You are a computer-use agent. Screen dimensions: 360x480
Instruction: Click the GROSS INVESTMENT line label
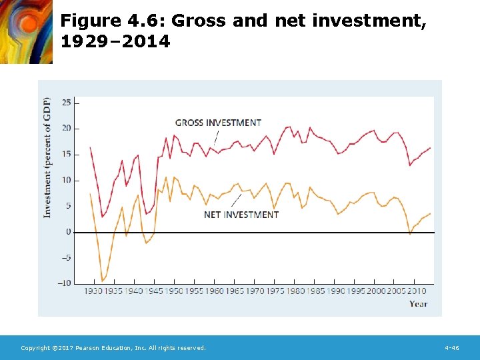[218, 123]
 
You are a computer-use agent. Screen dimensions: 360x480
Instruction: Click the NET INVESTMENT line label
[241, 215]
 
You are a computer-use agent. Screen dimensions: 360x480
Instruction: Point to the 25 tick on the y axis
[67, 103]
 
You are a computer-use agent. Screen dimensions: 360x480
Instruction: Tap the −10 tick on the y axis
[65, 283]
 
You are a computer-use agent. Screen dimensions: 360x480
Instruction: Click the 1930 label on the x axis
[94, 291]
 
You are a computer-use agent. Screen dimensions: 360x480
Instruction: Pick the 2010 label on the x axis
[417, 291]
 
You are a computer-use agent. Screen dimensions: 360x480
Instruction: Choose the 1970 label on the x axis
[255, 291]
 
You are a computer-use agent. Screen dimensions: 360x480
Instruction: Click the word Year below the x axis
[418, 304]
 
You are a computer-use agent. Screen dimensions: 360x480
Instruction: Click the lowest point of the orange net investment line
[102, 281]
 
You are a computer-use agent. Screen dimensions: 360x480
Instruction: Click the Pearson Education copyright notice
[113, 348]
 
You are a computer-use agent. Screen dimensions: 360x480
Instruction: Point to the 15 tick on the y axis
[67, 154]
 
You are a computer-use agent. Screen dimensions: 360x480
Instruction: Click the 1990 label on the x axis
[336, 291]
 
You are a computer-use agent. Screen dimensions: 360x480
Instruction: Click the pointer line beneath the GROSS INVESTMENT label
[215, 136]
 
